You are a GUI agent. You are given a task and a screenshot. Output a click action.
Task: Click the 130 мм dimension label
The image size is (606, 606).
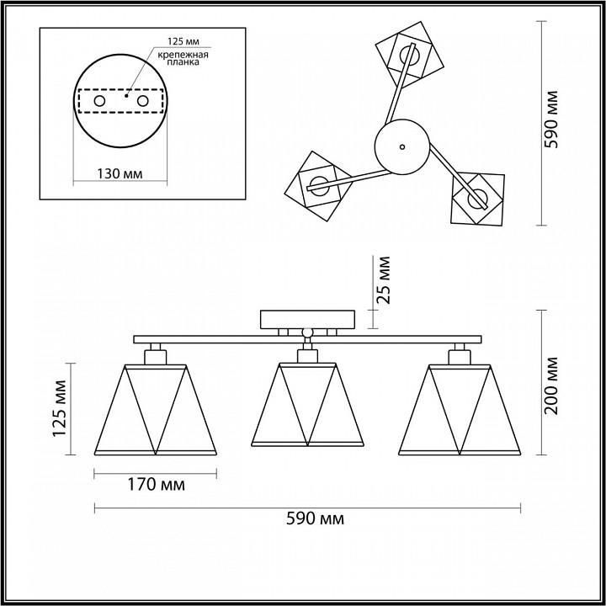pos(120,174)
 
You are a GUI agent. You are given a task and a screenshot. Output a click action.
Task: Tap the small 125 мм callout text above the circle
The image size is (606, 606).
pos(183,41)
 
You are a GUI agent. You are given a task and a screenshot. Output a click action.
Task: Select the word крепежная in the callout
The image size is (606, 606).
pos(183,55)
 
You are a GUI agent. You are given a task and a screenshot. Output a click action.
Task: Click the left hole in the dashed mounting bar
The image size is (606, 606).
pos(99,101)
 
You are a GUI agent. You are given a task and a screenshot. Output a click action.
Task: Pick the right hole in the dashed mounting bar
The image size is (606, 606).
pos(142,101)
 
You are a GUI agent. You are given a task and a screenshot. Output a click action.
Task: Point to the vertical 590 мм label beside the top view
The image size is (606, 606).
pos(551,120)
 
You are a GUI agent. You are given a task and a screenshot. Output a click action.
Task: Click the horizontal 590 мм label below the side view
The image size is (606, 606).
pos(315,519)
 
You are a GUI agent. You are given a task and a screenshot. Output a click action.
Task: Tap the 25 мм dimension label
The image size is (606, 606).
pos(383,280)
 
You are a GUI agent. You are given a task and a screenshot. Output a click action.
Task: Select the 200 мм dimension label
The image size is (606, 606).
pos(551,386)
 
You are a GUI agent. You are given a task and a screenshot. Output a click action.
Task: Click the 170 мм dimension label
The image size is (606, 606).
pos(157,485)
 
